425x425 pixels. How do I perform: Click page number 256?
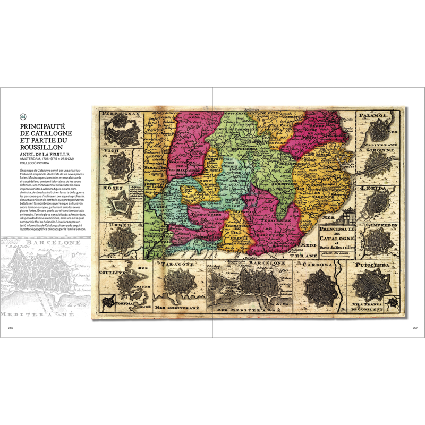tap(10, 328)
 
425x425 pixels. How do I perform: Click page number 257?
tap(415, 328)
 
